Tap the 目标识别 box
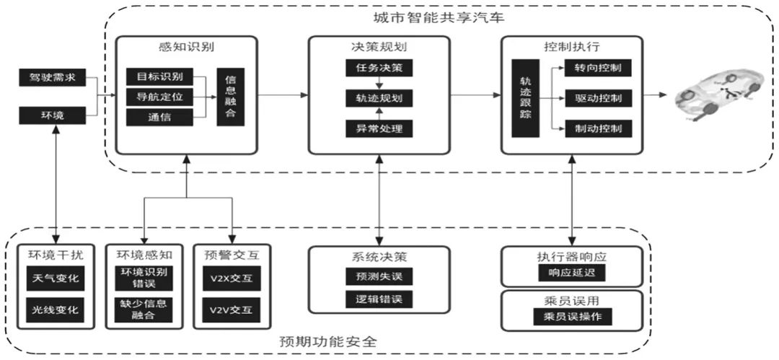[159, 76]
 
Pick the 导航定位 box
[159, 96]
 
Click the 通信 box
[159, 117]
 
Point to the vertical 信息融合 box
[231, 97]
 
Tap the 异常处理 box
[379, 128]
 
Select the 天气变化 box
[55, 278]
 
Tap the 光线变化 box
[55, 309]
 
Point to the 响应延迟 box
[571, 273]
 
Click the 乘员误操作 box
[571, 317]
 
